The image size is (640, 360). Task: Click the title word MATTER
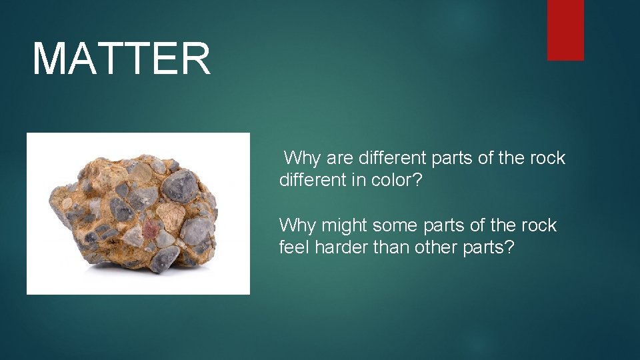coord(121,59)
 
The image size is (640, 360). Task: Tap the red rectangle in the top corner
coord(565,30)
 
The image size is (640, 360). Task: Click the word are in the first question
coord(340,158)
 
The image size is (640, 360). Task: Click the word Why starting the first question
coord(303,158)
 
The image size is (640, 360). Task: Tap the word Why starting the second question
coord(297,225)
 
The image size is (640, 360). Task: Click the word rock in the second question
coord(538,225)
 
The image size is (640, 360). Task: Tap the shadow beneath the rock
coord(140,269)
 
